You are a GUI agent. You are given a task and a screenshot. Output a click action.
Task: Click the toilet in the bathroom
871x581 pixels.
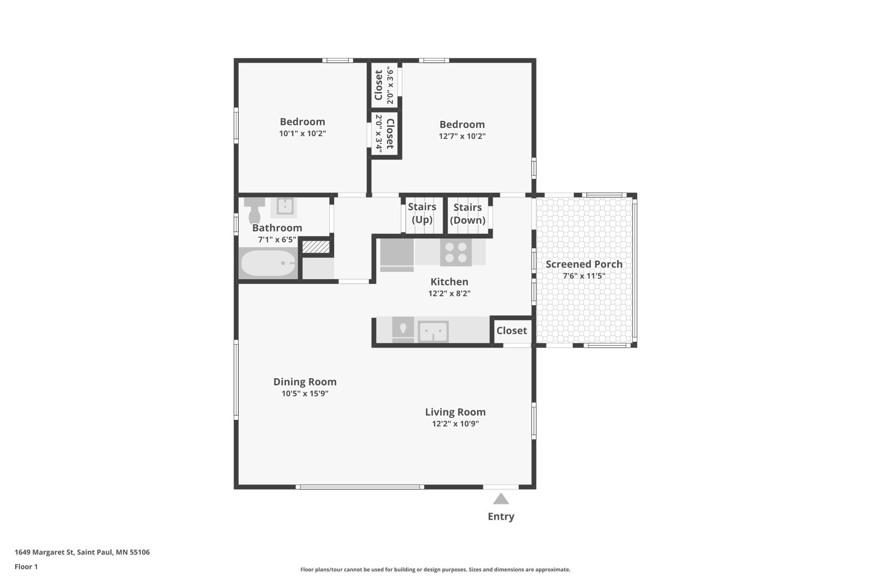pyautogui.click(x=254, y=211)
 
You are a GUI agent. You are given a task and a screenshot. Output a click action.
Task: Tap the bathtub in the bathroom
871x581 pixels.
pyautogui.click(x=268, y=263)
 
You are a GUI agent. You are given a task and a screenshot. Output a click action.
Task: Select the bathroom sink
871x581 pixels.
pyautogui.click(x=284, y=207)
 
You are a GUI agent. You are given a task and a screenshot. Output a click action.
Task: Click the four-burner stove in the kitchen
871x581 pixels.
pyautogui.click(x=456, y=252)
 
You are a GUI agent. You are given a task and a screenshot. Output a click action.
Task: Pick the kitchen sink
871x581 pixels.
pyautogui.click(x=433, y=332)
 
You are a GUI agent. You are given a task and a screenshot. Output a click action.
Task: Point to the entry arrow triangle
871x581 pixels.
pyautogui.click(x=501, y=498)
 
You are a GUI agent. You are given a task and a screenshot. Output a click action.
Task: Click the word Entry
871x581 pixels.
pyautogui.click(x=501, y=516)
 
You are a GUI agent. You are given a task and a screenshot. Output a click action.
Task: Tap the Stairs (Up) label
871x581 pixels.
pyautogui.click(x=422, y=213)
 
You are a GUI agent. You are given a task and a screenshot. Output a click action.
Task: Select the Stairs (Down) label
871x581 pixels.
pyautogui.click(x=468, y=214)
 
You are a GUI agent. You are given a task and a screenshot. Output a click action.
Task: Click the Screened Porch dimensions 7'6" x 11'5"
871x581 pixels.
pyautogui.click(x=584, y=276)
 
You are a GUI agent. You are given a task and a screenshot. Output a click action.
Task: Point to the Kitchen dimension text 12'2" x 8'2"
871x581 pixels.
pyautogui.click(x=449, y=293)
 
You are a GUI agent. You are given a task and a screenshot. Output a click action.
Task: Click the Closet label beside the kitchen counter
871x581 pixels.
pyautogui.click(x=512, y=331)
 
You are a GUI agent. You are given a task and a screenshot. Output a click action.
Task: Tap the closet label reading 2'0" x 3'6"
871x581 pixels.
pyautogui.click(x=390, y=85)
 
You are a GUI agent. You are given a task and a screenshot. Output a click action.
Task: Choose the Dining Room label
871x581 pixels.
pyautogui.click(x=305, y=382)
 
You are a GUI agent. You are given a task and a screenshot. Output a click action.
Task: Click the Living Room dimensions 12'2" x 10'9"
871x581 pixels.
pyautogui.click(x=455, y=424)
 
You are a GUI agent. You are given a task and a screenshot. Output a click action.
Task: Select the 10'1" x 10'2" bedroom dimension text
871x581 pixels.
pyautogui.click(x=302, y=134)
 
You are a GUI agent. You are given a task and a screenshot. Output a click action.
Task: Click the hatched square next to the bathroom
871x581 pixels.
pyautogui.click(x=316, y=247)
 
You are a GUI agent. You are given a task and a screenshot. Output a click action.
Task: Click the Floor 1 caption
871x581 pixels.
pyautogui.click(x=26, y=567)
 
